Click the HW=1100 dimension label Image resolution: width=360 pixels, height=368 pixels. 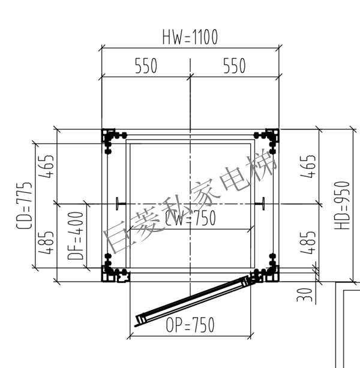click(x=190, y=37)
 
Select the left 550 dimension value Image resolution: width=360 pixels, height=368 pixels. click(x=146, y=66)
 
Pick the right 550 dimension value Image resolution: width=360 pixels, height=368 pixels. click(x=234, y=66)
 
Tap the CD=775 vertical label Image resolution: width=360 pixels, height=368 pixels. click(x=24, y=206)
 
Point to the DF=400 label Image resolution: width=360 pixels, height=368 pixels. click(x=76, y=236)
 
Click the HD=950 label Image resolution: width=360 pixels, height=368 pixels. click(x=342, y=206)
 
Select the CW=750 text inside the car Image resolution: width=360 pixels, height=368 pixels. click(x=190, y=218)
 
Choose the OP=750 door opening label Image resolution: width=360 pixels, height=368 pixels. click(x=190, y=325)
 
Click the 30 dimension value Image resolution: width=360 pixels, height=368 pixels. click(x=305, y=295)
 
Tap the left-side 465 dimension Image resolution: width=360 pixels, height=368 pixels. click(x=46, y=166)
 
